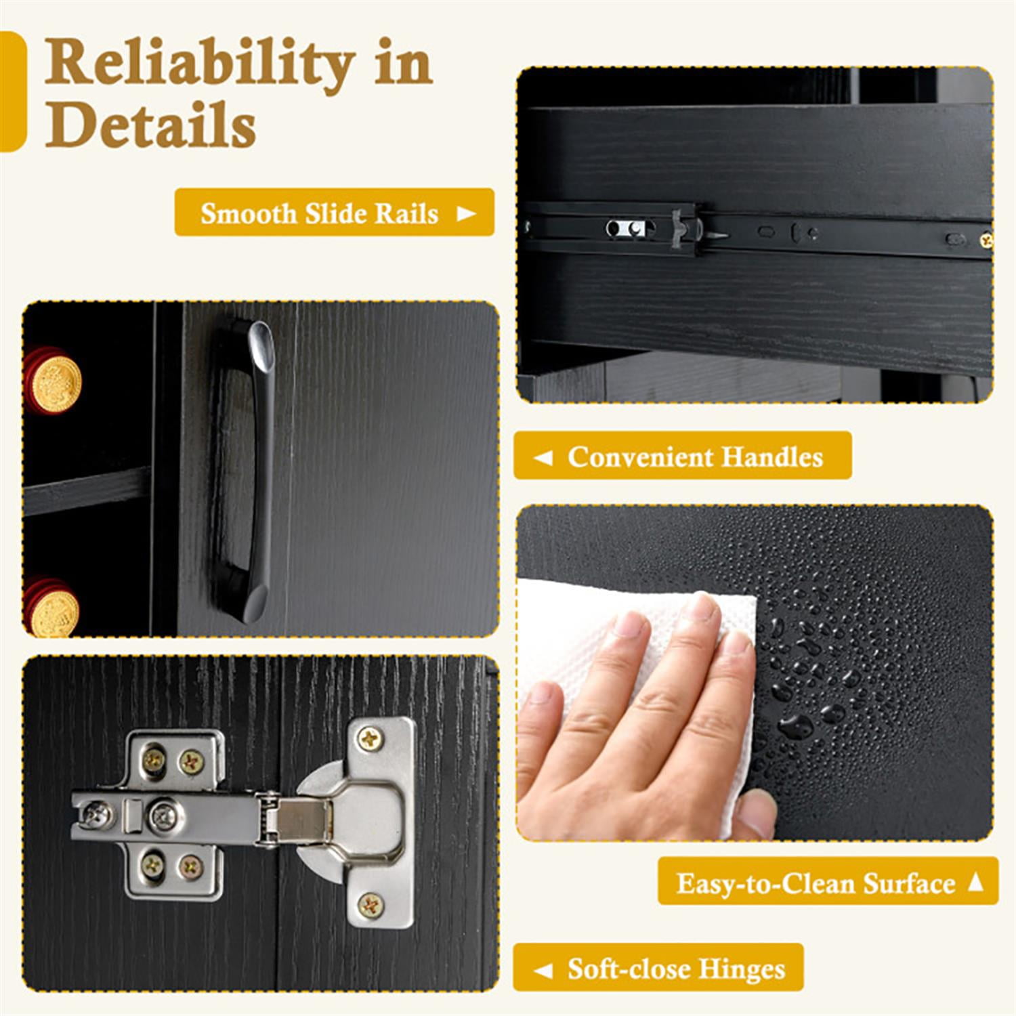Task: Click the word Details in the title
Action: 150,125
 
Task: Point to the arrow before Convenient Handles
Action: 543,458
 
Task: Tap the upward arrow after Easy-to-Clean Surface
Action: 975,881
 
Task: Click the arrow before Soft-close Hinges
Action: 543,970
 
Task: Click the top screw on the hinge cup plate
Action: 369,738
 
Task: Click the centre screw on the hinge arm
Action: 164,814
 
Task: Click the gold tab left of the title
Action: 12,91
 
